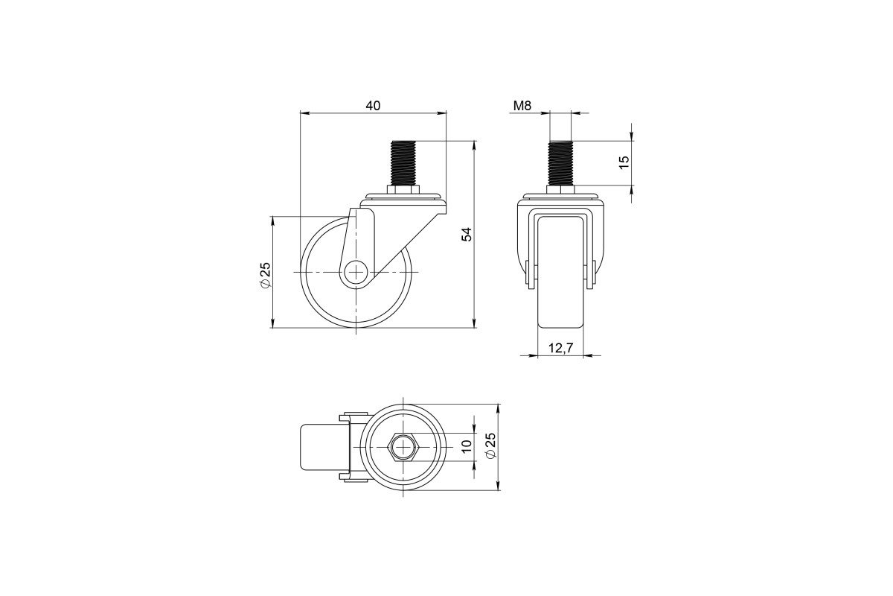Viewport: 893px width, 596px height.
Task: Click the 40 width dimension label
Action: tap(373, 106)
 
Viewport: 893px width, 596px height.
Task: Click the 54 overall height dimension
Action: tap(467, 234)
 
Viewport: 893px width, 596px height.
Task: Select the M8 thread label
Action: tap(522, 106)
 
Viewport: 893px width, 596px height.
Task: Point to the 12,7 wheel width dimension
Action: tap(560, 348)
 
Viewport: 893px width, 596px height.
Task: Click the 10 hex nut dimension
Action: tap(467, 445)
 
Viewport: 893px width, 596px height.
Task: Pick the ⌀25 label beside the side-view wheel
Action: tap(266, 275)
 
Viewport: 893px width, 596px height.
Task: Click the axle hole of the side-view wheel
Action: tap(356, 272)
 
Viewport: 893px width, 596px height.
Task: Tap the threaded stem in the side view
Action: tap(404, 163)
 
